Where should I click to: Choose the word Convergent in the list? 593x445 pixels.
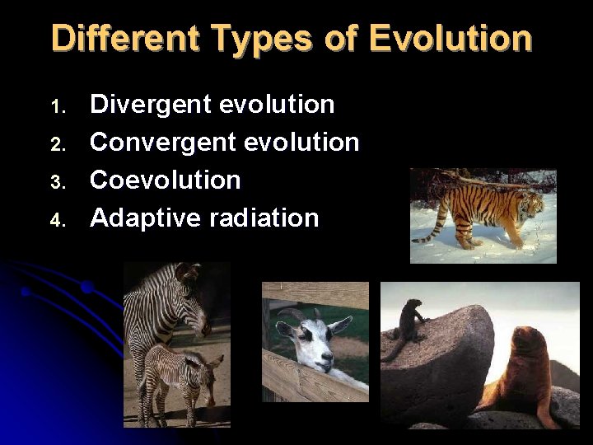(154, 143)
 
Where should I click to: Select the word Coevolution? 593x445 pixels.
(166, 180)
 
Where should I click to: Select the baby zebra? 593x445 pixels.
(177, 379)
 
